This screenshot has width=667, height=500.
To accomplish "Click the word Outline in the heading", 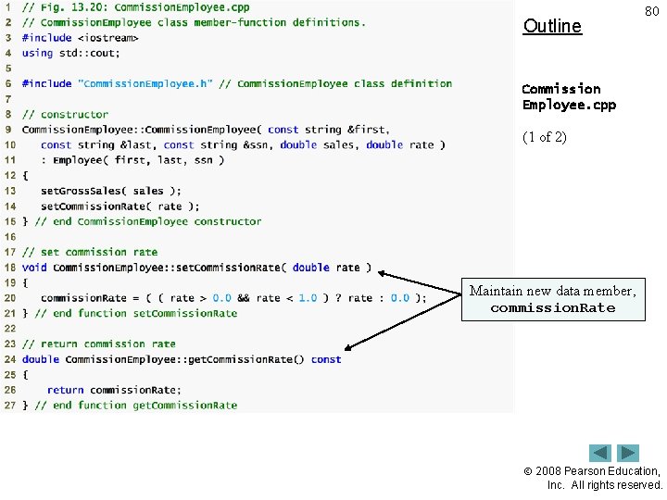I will (x=552, y=26).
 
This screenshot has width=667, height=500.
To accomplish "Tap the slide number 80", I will (x=652, y=11).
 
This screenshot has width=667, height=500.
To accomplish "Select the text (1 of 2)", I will (x=545, y=137).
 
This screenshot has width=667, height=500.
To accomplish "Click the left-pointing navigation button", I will (x=601, y=453).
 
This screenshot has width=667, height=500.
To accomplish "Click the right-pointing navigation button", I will (x=629, y=453).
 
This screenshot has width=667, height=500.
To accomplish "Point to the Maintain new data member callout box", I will (x=552, y=299).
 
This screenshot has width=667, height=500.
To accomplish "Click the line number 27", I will (x=9, y=405).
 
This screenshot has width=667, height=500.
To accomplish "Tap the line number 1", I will (x=9, y=7).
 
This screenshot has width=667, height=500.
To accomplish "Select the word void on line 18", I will (x=34, y=268).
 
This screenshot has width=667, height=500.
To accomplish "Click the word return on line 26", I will (x=65, y=390).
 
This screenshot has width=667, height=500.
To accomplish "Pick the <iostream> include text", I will (x=107, y=38).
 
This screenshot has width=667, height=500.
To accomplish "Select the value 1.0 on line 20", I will (x=308, y=298).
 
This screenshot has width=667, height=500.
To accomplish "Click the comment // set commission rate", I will (x=90, y=252).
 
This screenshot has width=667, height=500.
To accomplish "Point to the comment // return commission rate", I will (x=98, y=344).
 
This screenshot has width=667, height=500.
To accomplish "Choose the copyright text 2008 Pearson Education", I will (x=603, y=471).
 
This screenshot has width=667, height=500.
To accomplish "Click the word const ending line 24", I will (x=326, y=359).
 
